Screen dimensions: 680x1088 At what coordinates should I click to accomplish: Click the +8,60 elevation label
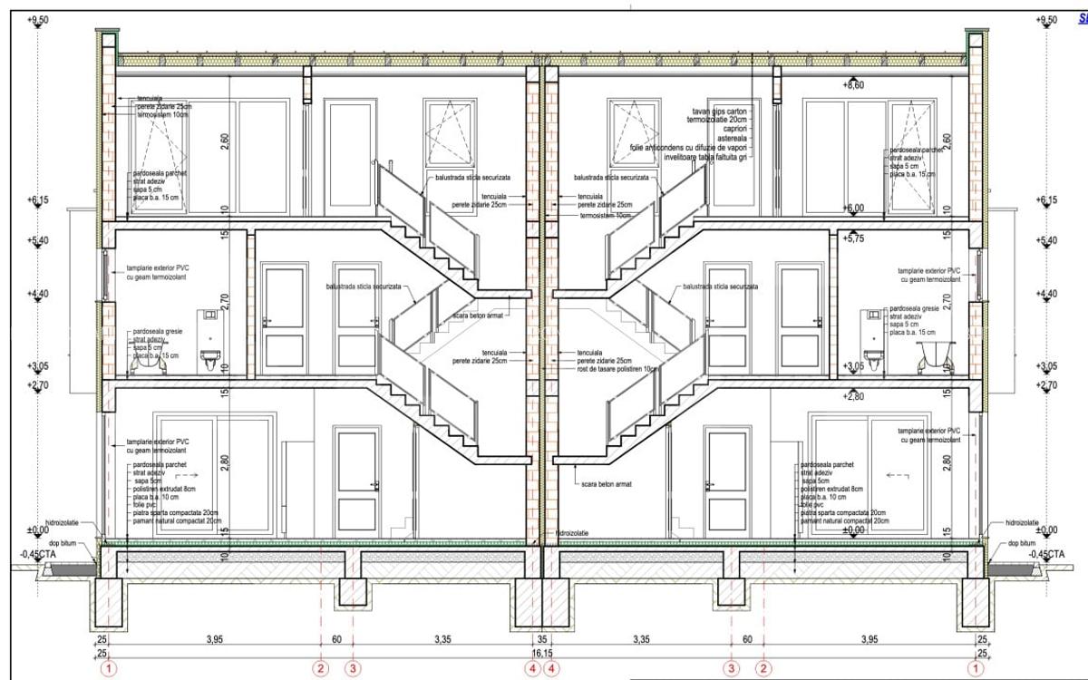coord(854,85)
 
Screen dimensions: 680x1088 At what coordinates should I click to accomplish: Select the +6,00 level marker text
coord(853,208)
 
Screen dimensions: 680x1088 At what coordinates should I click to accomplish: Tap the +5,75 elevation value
coord(854,238)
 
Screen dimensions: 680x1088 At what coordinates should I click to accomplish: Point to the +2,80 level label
coord(853,397)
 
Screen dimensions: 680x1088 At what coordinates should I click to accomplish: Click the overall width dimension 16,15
coord(542,652)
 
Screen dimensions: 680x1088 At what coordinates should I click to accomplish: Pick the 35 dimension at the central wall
coord(542,640)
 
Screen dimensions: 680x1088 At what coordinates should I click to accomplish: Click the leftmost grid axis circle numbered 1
coord(109,669)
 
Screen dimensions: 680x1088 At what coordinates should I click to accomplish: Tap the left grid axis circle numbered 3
coord(354,669)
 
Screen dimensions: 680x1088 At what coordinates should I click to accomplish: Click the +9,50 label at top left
coord(36,20)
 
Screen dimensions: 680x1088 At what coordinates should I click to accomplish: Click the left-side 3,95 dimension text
coord(214,640)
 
